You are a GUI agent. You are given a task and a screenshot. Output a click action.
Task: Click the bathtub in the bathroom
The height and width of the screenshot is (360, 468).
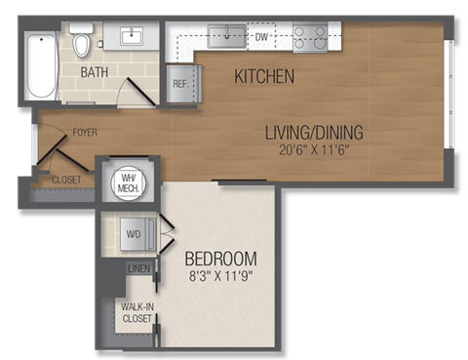click(42, 66)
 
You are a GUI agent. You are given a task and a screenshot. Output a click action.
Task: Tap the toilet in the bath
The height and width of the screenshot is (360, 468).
click(83, 44)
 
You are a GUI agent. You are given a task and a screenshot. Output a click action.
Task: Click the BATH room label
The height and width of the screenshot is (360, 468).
click(96, 72)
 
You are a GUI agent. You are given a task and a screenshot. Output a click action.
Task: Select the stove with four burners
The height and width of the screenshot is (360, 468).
click(311, 38)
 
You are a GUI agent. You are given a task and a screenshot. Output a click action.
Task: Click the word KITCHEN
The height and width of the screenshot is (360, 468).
click(264, 76)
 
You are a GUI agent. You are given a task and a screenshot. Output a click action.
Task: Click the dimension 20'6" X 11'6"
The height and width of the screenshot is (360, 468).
click(312, 149)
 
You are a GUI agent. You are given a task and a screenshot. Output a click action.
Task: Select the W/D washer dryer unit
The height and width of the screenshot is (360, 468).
click(134, 234)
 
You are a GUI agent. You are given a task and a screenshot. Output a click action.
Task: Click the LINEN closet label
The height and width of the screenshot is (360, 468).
click(137, 268)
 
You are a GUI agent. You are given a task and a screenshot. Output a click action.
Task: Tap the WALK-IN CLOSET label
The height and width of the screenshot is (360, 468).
click(136, 313)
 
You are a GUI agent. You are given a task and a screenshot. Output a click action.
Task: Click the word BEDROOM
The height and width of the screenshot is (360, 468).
click(221, 259)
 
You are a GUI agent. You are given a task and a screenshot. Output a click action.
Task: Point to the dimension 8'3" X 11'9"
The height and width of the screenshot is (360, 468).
click(221, 276)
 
